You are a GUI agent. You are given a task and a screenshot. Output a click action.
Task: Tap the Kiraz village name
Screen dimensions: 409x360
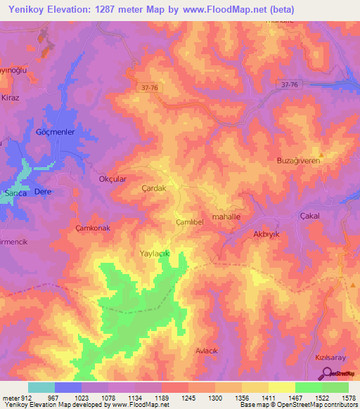point(11,97)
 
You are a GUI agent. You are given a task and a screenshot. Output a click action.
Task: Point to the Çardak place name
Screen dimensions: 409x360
point(153,189)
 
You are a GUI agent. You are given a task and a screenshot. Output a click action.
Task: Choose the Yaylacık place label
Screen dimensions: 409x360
point(155,252)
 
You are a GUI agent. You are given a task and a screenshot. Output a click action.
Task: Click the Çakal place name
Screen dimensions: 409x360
point(310,216)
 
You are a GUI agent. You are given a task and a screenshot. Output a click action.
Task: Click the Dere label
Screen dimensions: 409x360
point(44,192)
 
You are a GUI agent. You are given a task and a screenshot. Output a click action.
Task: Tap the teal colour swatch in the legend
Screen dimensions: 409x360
point(41,387)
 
